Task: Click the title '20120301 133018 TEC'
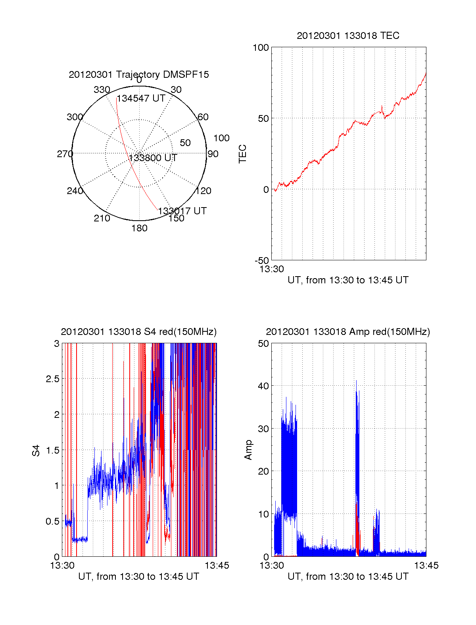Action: point(348,36)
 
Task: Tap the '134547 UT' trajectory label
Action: point(141,98)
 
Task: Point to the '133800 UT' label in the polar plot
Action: point(153,158)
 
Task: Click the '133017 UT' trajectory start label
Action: point(182,211)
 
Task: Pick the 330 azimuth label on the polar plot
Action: point(102,90)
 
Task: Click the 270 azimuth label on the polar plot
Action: point(65,154)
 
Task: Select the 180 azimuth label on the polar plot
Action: point(139,228)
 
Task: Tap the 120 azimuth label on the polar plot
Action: point(203,191)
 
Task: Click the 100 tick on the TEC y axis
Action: point(261,48)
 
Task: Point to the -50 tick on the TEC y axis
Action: point(262,261)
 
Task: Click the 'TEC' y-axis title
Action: point(242,154)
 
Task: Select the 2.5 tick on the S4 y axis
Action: point(53,379)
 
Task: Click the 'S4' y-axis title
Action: point(36,450)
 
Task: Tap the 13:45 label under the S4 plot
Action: point(217,565)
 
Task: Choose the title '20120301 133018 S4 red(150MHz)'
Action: point(139,332)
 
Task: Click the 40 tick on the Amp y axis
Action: point(263,386)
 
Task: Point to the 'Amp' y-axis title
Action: point(248,450)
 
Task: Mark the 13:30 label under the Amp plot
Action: point(272,565)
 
